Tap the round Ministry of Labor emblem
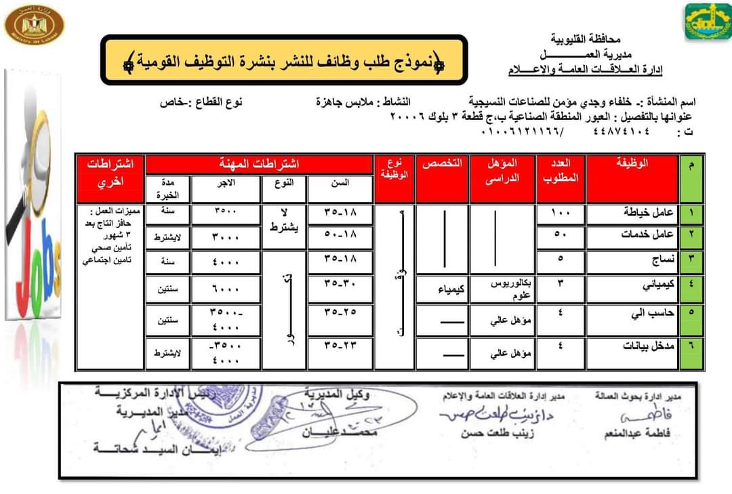35,26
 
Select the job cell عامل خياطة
632,213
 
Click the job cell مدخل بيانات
632,346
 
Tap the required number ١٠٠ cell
561,213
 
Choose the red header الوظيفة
632,163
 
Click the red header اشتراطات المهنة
260,163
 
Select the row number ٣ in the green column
691,259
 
